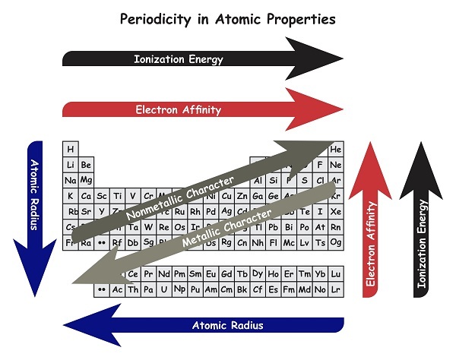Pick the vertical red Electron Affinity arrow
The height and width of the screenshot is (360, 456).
coord(372,228)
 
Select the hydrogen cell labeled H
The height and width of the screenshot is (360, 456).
coord(71,149)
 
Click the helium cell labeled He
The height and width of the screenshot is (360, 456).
coord(335,149)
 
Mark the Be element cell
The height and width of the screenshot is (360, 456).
coord(86,165)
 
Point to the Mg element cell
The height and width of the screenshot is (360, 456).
coord(86,180)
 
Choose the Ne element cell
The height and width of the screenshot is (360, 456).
coord(335,165)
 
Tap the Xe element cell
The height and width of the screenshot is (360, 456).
coord(335,211)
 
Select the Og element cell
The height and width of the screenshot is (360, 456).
coord(335,242)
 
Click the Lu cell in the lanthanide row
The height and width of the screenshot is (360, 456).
coord(335,274)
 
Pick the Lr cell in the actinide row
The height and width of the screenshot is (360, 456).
coord(335,289)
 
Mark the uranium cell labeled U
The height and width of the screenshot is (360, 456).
coord(163,289)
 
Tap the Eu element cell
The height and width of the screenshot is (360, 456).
coord(211,274)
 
